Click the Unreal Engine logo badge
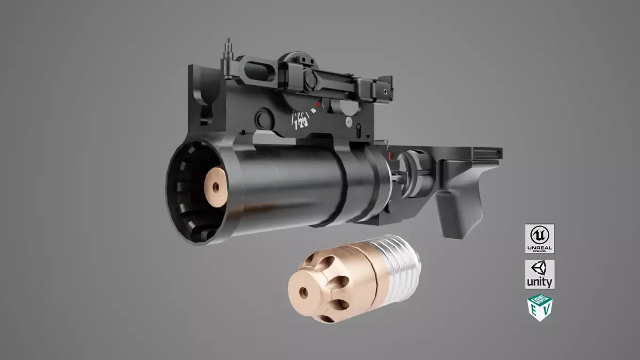click(539, 238)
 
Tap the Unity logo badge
click(539, 274)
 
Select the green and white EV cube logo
click(540, 308)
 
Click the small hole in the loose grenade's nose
click(303, 292)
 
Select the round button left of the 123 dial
click(262, 117)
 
